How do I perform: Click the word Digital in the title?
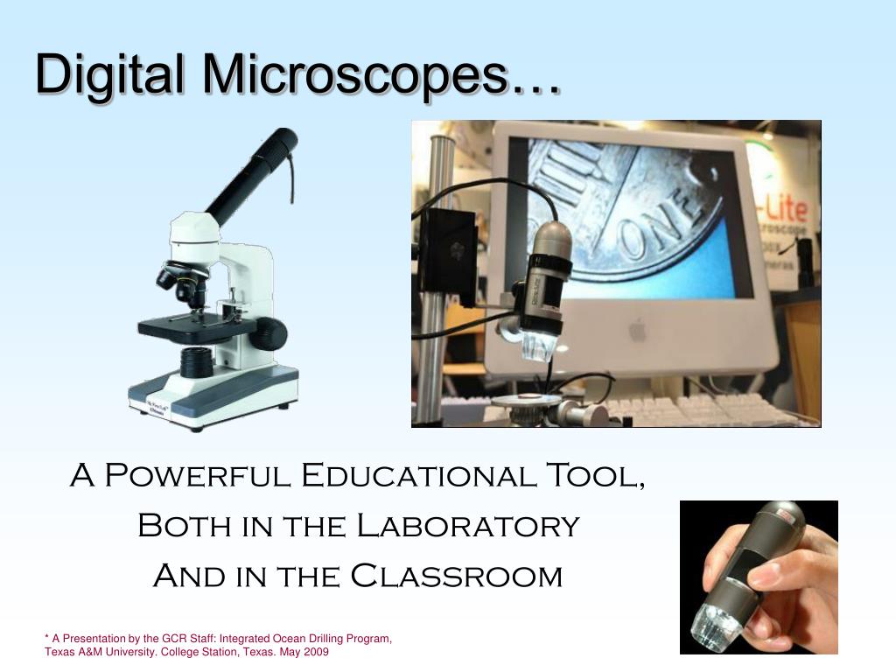(x=109, y=74)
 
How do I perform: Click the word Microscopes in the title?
(x=355, y=76)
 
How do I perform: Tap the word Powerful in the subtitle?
(x=198, y=477)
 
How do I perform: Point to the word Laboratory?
(x=467, y=527)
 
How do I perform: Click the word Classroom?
(x=456, y=577)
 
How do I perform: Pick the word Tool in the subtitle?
(x=595, y=477)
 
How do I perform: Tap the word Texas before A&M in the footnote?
(x=59, y=653)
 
